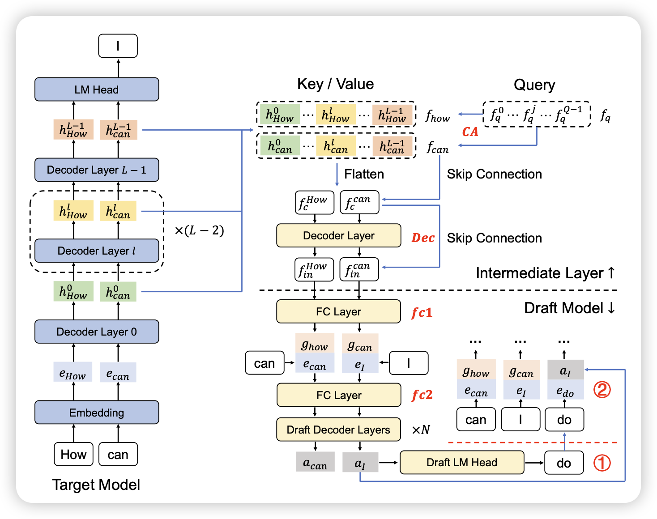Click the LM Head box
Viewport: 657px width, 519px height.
point(97,89)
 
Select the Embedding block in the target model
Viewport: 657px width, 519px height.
point(97,413)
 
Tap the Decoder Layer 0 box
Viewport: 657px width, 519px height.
point(97,332)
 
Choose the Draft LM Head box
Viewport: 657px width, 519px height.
point(461,462)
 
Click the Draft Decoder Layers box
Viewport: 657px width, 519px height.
point(338,430)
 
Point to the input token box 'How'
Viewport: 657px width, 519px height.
point(73,455)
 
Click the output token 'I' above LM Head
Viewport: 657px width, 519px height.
point(118,46)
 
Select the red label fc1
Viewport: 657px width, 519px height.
point(422,312)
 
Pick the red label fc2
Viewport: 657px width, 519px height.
point(422,395)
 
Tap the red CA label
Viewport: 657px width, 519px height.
point(470,132)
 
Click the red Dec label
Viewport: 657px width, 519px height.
point(423,238)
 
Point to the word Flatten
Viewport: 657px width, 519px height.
point(364,174)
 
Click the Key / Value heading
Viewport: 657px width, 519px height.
point(335,84)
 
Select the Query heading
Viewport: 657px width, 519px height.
point(534,85)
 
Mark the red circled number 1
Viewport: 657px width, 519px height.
point(602,463)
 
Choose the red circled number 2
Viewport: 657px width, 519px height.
point(602,390)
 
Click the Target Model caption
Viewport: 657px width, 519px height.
point(96,485)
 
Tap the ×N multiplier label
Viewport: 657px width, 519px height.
point(421,430)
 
